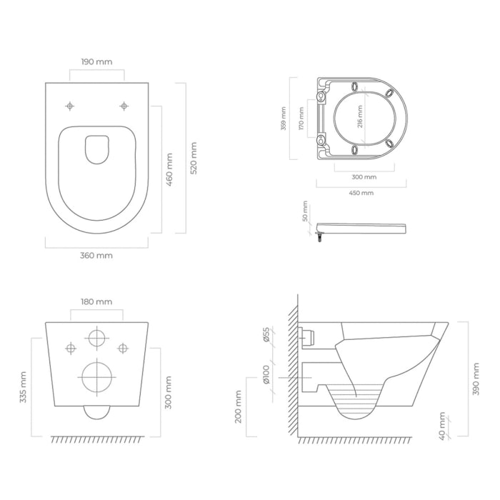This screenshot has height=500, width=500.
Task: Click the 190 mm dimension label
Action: [x=97, y=62]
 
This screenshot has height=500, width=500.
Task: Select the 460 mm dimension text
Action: [x=169, y=169]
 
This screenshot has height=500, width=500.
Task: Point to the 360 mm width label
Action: [x=97, y=255]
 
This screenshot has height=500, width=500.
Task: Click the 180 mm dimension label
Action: [x=97, y=302]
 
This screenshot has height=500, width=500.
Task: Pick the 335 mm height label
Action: [x=23, y=386]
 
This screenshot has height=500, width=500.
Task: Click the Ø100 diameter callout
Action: [x=266, y=376]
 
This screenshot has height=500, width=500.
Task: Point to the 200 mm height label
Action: [x=239, y=406]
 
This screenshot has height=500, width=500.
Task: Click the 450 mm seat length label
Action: [x=361, y=192]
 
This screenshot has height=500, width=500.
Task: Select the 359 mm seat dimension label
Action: [x=284, y=119]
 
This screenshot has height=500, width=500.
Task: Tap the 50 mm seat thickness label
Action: [x=306, y=212]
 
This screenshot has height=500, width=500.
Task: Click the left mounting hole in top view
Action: [x=70, y=106]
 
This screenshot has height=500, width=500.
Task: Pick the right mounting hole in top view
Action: [x=124, y=106]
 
